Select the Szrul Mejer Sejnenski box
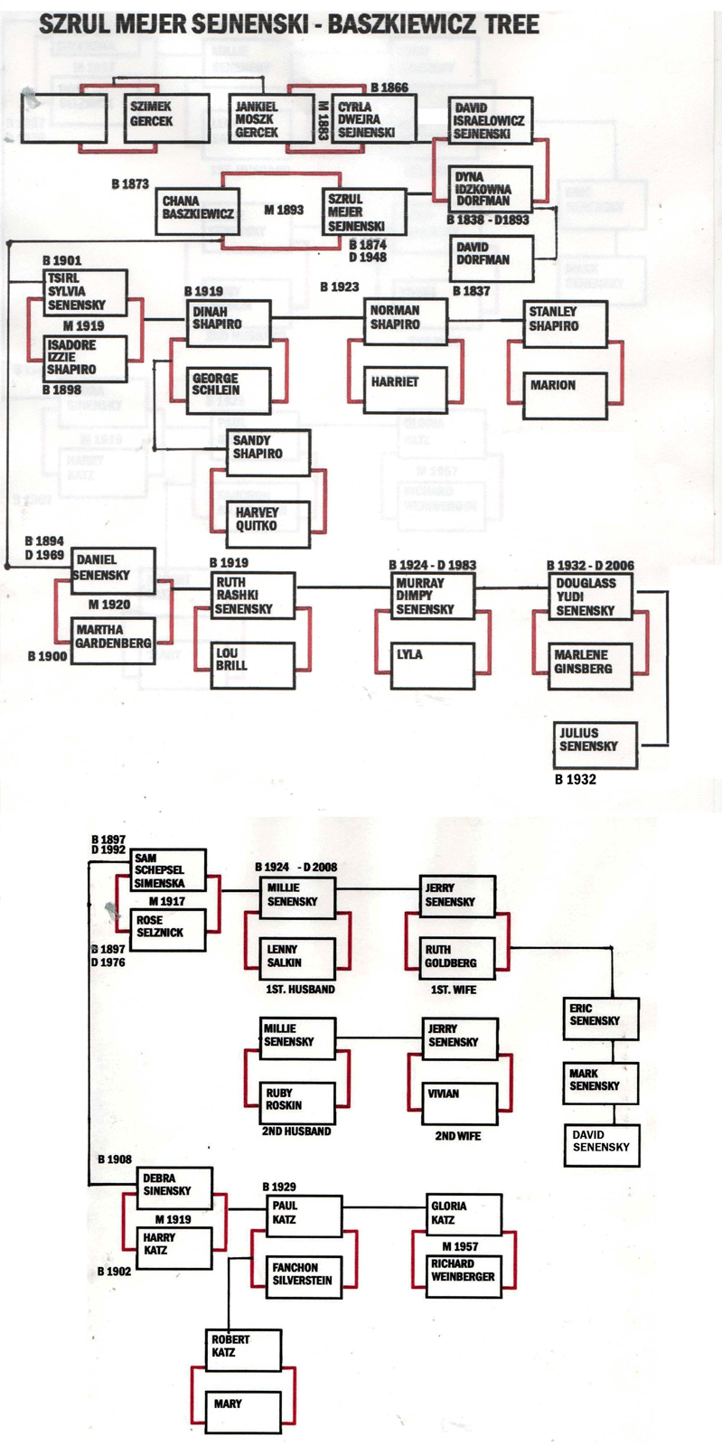click(364, 212)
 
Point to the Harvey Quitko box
click(267, 521)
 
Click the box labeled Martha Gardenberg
click(112, 639)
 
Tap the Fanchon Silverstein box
click(305, 1276)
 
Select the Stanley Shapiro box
click(565, 323)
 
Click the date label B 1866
click(389, 88)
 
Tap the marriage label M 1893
click(284, 210)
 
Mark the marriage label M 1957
click(461, 1246)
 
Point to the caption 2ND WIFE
click(458, 1136)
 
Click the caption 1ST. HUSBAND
click(300, 990)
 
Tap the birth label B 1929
click(279, 1187)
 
